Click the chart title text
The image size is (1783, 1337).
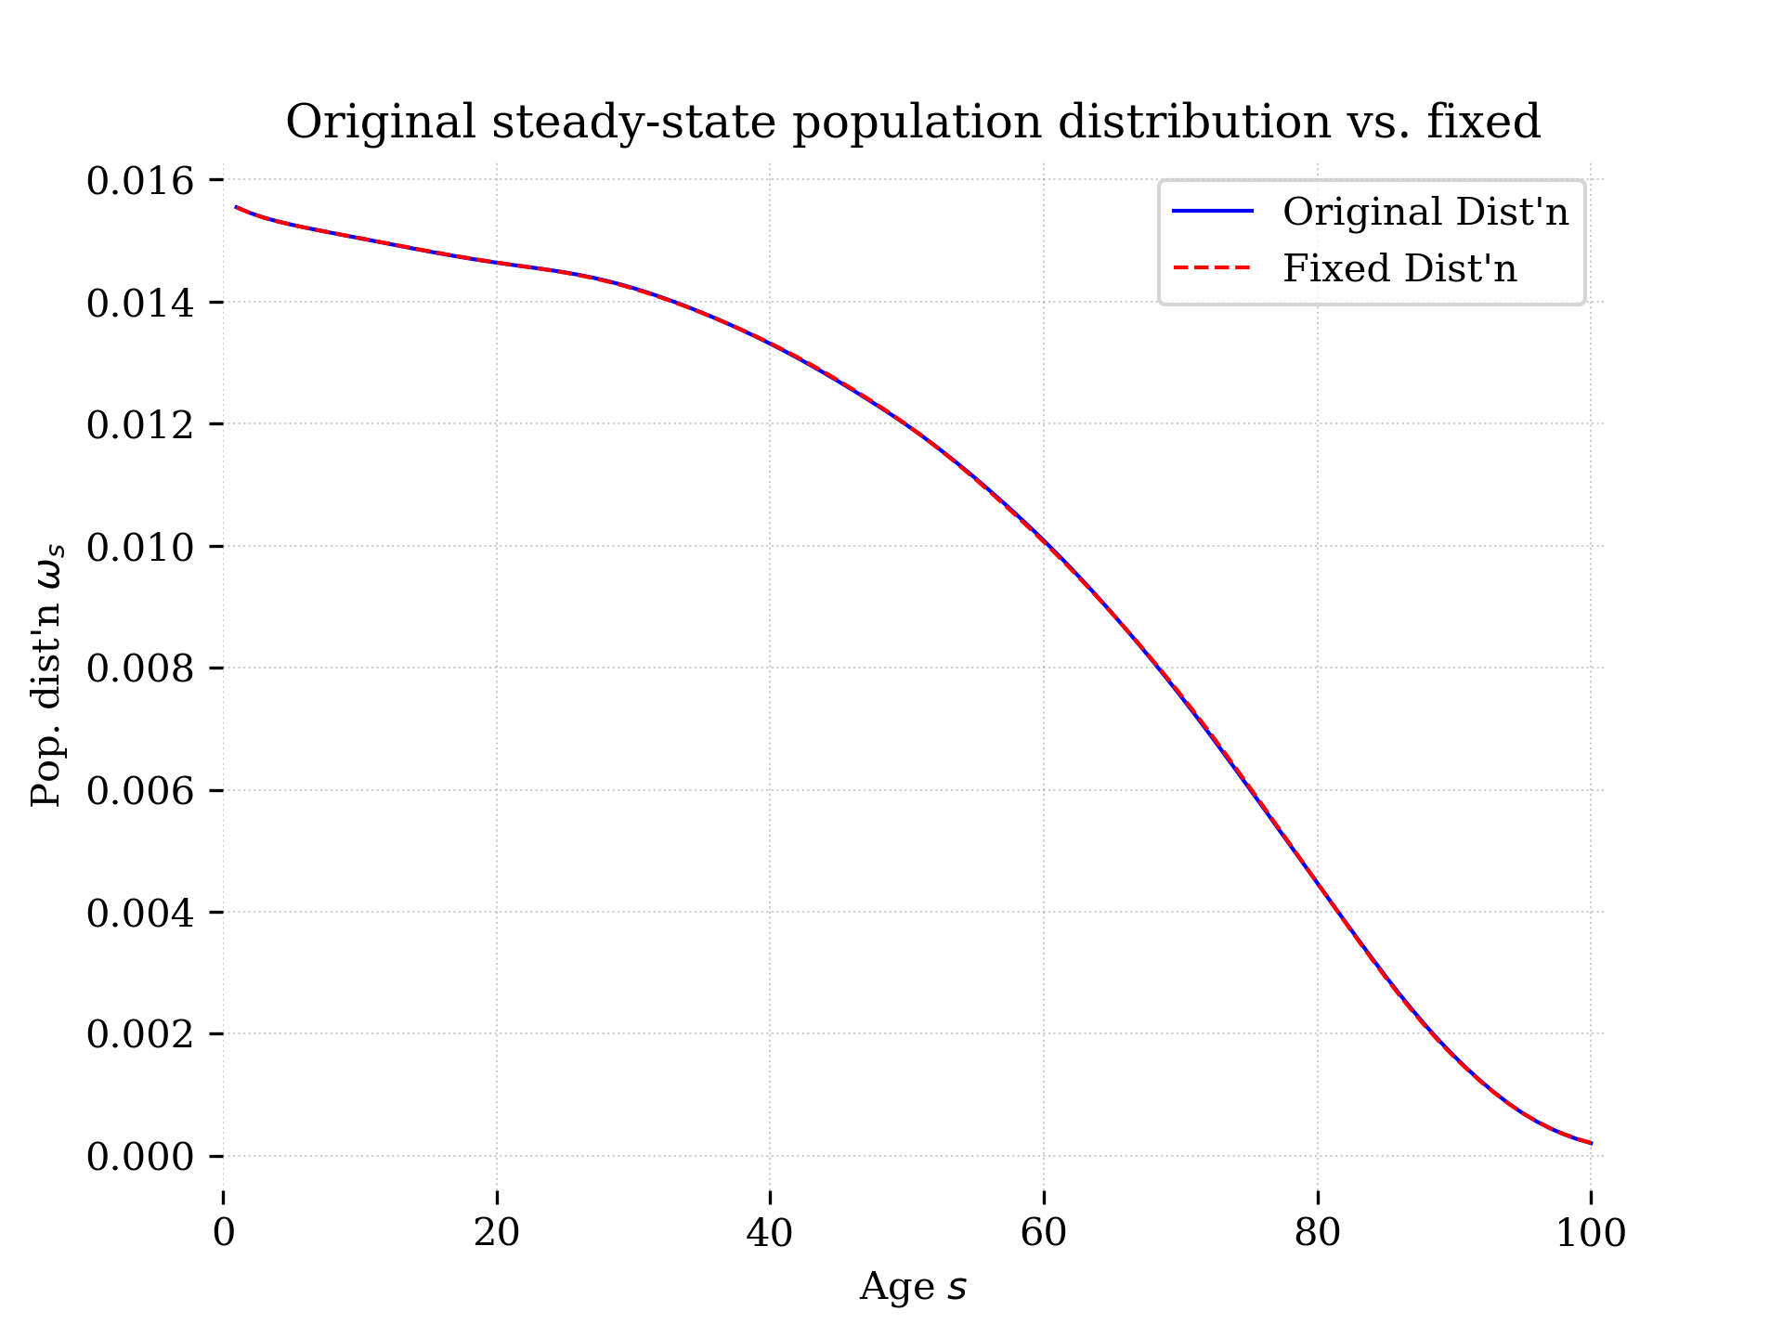pyautogui.click(x=912, y=123)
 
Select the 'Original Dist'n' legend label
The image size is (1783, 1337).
pyautogui.click(x=1425, y=213)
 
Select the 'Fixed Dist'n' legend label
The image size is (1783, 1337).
pyautogui.click(x=1399, y=269)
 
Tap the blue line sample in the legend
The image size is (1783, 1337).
pyautogui.click(x=1213, y=213)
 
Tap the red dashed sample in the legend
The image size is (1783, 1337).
pyautogui.click(x=1213, y=269)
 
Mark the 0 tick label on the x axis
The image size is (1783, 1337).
pyautogui.click(x=224, y=1233)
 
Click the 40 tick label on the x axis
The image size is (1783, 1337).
pyautogui.click(x=770, y=1233)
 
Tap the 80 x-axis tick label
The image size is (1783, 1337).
pyautogui.click(x=1317, y=1233)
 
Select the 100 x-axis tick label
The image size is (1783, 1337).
pyautogui.click(x=1590, y=1233)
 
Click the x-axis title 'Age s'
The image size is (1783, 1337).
pyautogui.click(x=912, y=1288)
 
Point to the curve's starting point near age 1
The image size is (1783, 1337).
pyautogui.click(x=238, y=207)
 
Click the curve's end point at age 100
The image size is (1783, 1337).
pyautogui.click(x=1590, y=1143)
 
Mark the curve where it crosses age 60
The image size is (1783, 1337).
pyautogui.click(x=1044, y=543)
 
